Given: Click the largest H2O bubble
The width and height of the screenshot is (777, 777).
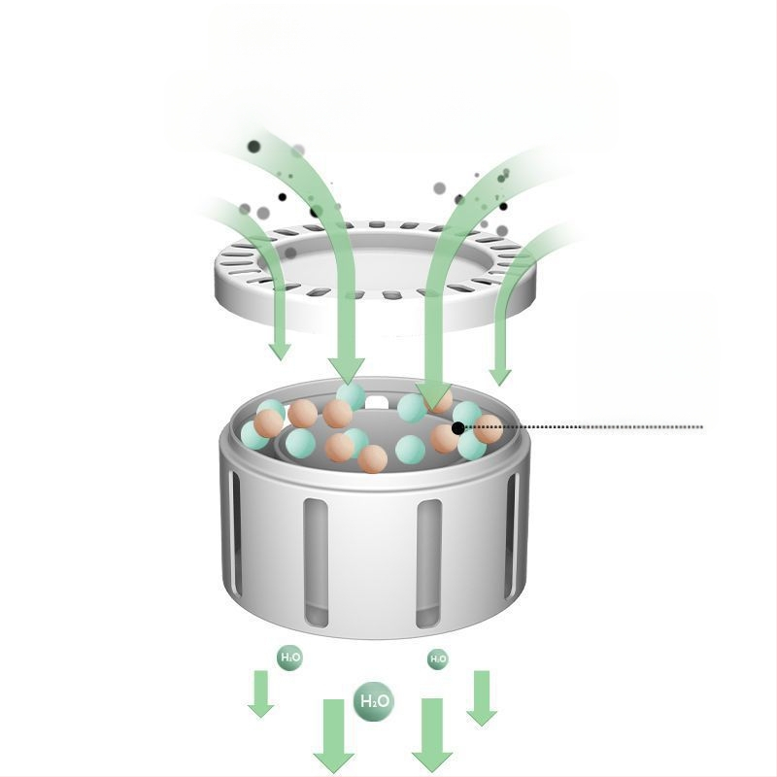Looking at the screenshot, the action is (373, 700).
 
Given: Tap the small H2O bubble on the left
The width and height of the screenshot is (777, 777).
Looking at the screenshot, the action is (289, 658).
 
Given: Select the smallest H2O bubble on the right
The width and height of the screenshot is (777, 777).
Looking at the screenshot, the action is (438, 659).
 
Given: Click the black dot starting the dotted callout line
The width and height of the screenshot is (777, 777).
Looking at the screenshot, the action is (458, 428).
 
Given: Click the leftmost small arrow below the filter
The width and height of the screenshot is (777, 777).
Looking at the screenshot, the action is (260, 693).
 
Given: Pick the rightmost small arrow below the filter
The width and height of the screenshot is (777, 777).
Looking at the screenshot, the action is (482, 698).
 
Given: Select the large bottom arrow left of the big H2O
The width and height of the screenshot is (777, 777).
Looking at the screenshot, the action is (333, 735).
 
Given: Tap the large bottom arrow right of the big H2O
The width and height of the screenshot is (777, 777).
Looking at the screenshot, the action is (432, 735).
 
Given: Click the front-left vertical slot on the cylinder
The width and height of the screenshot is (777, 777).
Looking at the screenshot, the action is (316, 562).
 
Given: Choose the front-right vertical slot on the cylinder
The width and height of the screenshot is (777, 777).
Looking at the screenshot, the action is (428, 563).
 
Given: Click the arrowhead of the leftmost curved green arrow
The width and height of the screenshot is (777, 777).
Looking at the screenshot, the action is (280, 351).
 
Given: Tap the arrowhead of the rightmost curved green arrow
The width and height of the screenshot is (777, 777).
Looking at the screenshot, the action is (500, 377).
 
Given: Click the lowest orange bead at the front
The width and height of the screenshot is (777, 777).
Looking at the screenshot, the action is (373, 458).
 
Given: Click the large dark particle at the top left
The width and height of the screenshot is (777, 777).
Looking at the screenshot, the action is (253, 147).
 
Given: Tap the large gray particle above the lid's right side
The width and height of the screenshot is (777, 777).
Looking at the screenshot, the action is (440, 188).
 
